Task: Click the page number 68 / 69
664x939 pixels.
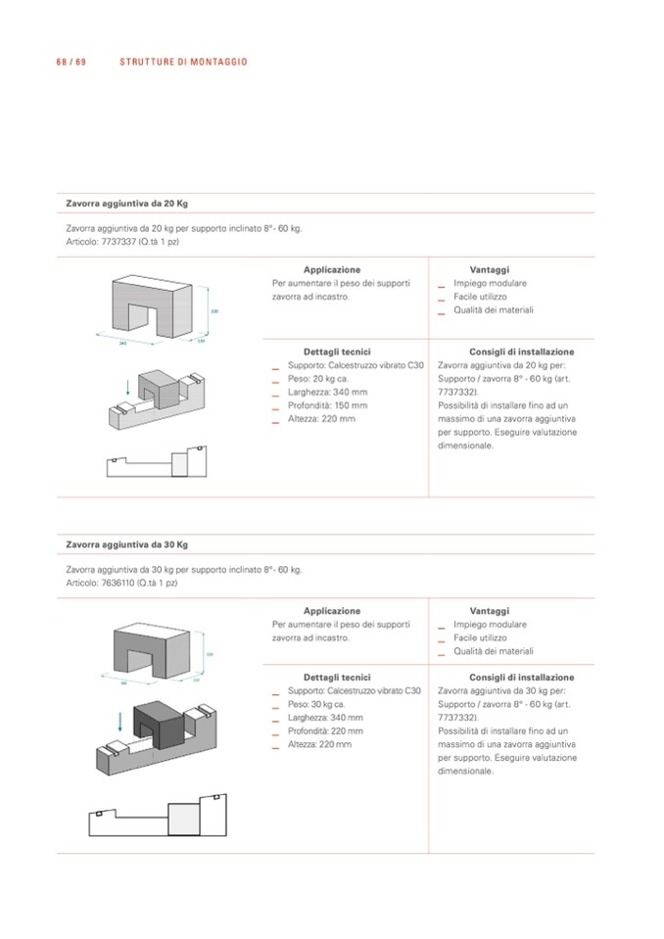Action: click(x=72, y=62)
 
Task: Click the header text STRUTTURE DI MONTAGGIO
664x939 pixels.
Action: click(x=183, y=62)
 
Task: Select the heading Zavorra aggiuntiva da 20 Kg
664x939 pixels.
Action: click(x=126, y=204)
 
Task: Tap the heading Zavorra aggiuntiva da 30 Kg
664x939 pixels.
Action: click(x=126, y=544)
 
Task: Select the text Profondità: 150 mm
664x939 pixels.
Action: click(x=328, y=405)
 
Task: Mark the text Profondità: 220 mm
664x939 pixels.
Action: click(x=328, y=730)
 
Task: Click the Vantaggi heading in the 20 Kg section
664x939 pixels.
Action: click(x=490, y=269)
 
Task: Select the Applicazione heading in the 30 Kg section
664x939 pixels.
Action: click(x=332, y=611)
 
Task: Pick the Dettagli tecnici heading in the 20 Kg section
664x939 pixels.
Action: click(x=337, y=352)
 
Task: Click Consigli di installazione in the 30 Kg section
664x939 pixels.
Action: click(x=521, y=678)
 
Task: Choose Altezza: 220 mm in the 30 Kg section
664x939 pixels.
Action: click(x=322, y=744)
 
